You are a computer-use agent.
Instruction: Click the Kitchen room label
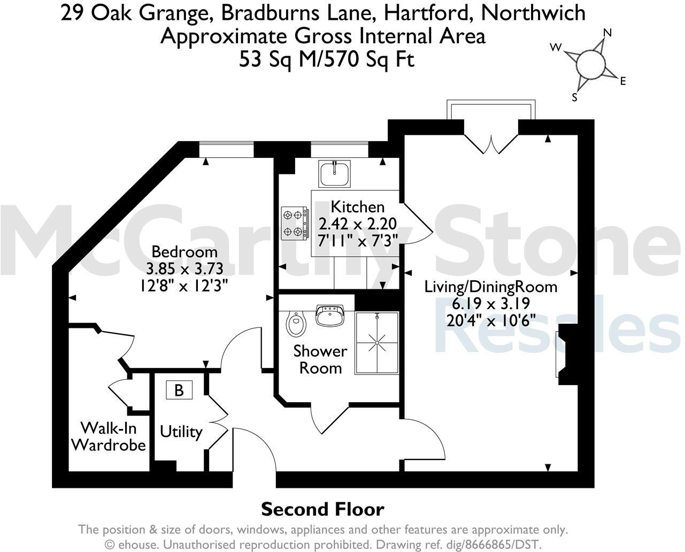tap(357, 206)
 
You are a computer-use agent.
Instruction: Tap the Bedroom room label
tap(184, 251)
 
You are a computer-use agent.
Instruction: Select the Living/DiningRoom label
tap(490, 287)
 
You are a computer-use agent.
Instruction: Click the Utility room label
tap(181, 432)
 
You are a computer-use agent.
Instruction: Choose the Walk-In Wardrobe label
tap(109, 436)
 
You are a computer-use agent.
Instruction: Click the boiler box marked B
tap(179, 390)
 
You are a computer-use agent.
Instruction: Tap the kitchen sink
tap(334, 173)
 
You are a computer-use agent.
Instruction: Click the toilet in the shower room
tap(295, 324)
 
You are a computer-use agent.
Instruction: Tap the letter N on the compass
tap(607, 33)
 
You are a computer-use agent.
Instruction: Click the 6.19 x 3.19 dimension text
tap(490, 304)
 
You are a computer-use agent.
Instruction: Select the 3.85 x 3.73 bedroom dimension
tap(184, 269)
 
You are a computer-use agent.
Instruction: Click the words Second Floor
tap(322, 509)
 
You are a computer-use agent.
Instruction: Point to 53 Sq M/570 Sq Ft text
tap(327, 60)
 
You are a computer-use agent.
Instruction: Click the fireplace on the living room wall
tap(565, 354)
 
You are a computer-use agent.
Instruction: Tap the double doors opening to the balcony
tap(491, 140)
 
